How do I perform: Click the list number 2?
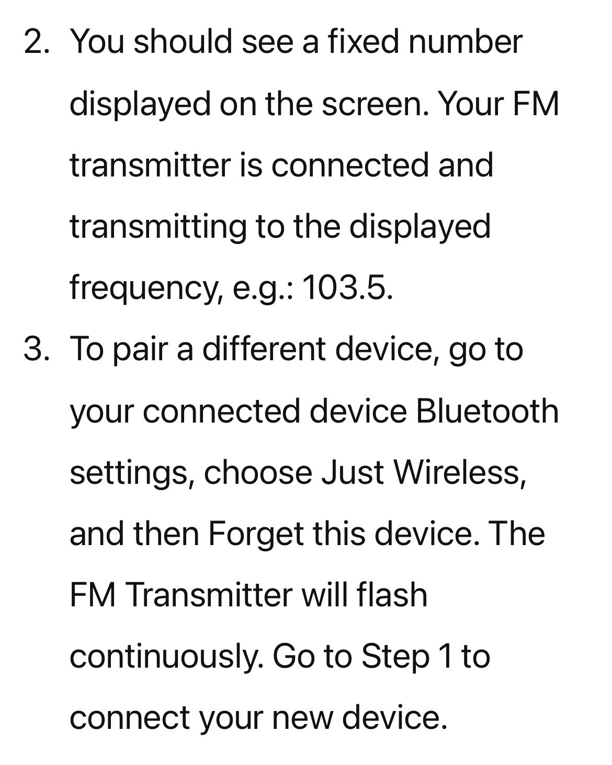point(36,41)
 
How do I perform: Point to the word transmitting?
point(158,227)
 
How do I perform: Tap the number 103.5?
point(348,287)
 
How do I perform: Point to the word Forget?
point(256,535)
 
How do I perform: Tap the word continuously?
point(166,657)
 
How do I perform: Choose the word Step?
point(395,657)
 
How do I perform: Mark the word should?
point(183,41)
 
